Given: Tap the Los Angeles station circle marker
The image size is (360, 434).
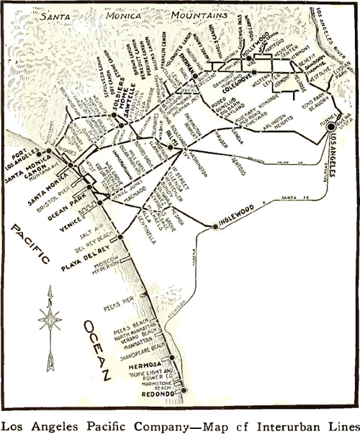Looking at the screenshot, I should tap(331, 127).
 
